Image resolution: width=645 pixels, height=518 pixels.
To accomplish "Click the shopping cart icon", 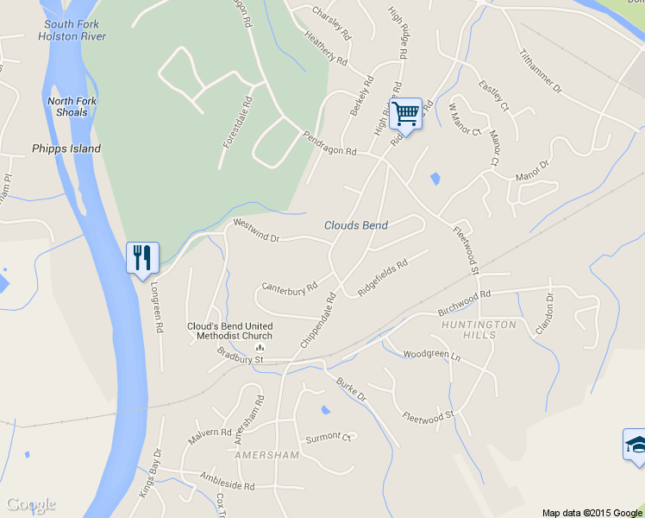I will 405,112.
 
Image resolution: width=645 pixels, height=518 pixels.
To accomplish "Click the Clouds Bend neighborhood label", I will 356,225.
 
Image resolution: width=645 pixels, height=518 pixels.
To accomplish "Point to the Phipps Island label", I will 66,148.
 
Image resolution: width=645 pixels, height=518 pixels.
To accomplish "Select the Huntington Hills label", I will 479,329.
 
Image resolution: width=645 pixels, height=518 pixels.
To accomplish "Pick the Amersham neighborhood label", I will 266,455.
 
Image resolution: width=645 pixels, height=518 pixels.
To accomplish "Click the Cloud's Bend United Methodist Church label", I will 230,331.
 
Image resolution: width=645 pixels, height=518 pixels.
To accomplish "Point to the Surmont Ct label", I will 329,437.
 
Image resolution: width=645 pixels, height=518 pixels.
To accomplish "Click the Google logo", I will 30,504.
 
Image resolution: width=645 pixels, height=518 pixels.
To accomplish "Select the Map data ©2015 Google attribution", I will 592,512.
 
